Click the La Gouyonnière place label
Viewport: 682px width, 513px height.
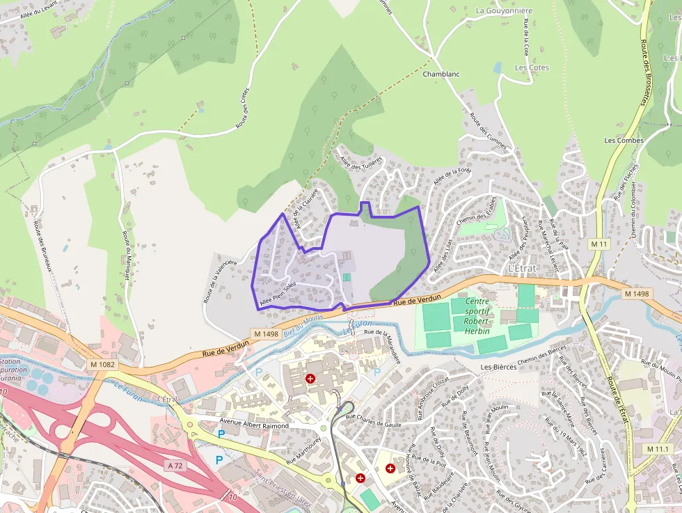coord(504,10)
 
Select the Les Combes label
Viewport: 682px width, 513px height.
coord(624,140)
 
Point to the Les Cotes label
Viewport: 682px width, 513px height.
coord(532,68)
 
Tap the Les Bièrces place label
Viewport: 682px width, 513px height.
coord(499,367)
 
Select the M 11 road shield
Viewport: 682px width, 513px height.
coord(598,244)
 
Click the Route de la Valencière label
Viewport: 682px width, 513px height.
coord(219,281)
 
